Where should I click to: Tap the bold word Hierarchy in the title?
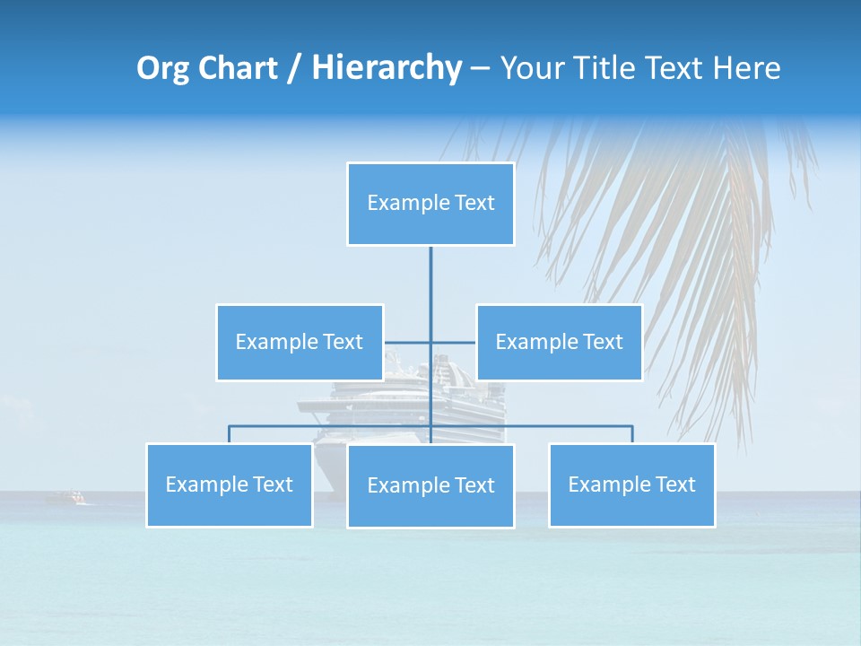pyautogui.click(x=387, y=68)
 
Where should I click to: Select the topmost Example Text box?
pyautogui.click(x=430, y=204)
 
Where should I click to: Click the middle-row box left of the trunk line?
pyautogui.click(x=300, y=342)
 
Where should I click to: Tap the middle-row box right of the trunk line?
pyautogui.click(x=560, y=342)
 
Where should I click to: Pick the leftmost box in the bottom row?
pyautogui.click(x=230, y=485)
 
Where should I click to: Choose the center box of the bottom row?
pyautogui.click(x=430, y=486)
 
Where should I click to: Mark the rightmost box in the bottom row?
pyautogui.click(x=632, y=485)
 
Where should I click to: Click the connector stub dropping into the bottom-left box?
pyautogui.click(x=230, y=434)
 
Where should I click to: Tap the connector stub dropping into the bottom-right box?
pyautogui.click(x=632, y=434)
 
